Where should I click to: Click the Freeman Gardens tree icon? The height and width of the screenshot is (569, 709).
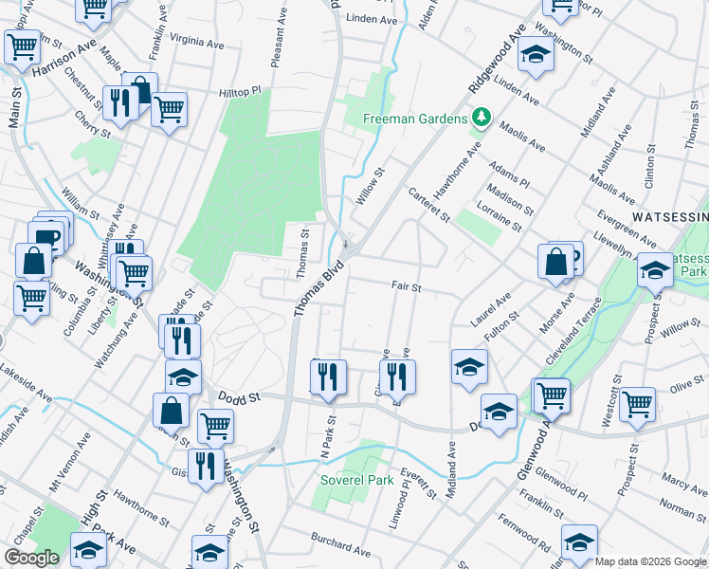point(482,118)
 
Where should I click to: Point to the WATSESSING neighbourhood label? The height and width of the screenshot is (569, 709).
point(670,216)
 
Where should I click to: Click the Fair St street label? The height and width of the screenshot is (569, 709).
point(406,285)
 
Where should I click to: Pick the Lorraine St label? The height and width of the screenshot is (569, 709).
point(501,215)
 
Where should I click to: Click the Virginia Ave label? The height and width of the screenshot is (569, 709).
point(196,42)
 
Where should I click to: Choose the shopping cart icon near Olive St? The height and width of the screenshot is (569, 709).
point(638,403)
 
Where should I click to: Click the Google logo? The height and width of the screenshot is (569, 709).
point(31,558)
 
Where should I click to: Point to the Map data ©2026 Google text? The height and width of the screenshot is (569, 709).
point(649,561)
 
